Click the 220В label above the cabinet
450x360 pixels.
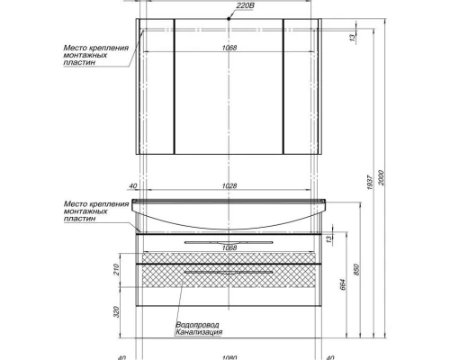[246, 5]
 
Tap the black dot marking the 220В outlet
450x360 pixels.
[229, 19]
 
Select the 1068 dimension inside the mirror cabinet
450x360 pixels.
[229, 48]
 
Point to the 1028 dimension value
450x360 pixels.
[229, 186]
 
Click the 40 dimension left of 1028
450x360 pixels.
[132, 186]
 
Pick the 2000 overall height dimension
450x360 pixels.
[381, 177]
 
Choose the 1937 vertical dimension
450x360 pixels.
[370, 183]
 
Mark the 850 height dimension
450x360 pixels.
[356, 270]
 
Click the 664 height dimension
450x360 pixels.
[343, 284]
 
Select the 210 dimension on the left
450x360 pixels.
[117, 270]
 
